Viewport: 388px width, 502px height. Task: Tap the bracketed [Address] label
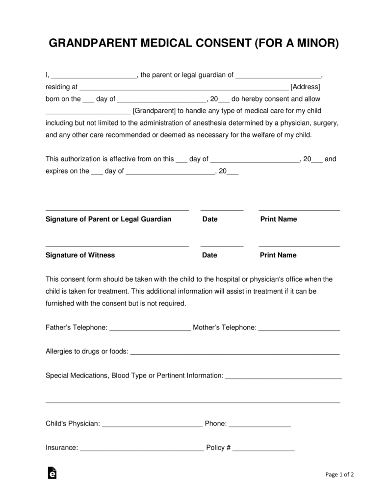pyautogui.click(x=305, y=87)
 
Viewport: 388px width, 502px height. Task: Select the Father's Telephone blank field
pyautogui.click(x=150, y=328)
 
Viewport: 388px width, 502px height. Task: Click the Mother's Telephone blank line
pyautogui.click(x=299, y=328)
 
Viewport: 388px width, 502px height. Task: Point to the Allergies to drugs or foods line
pyautogui.click(x=235, y=352)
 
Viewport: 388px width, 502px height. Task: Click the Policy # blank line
pyautogui.click(x=263, y=449)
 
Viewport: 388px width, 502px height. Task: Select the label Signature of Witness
pyautogui.click(x=80, y=255)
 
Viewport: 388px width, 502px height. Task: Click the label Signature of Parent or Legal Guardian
pyautogui.click(x=108, y=219)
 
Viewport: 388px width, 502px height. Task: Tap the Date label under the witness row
pyautogui.click(x=209, y=255)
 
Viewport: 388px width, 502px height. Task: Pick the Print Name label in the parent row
pyautogui.click(x=278, y=219)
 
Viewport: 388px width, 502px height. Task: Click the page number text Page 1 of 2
pyautogui.click(x=339, y=475)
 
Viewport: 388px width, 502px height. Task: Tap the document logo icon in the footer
pyautogui.click(x=52, y=473)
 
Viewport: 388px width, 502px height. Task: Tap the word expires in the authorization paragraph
pyautogui.click(x=57, y=171)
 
